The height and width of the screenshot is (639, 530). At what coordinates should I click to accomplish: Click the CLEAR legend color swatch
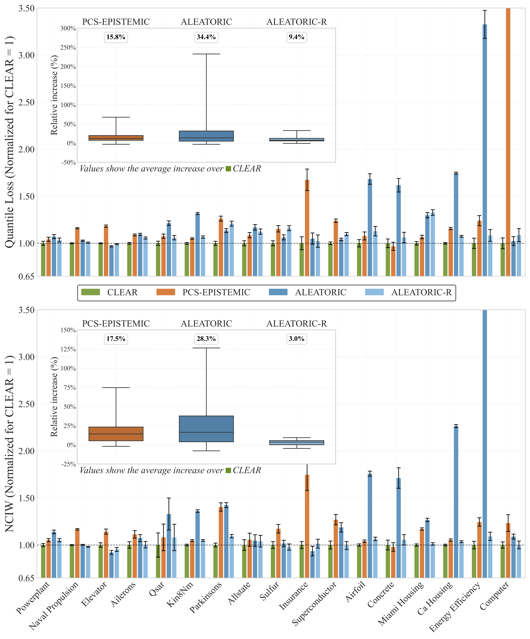point(91,292)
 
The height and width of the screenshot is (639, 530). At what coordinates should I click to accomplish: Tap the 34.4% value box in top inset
point(206,37)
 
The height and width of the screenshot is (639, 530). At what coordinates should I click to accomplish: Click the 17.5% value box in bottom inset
point(116,339)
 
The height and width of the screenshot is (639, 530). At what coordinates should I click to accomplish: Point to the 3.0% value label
point(296,339)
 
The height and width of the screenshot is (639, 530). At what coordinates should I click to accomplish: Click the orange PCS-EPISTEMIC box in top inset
point(116,138)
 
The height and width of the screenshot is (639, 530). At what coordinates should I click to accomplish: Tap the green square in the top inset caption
point(228,169)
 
